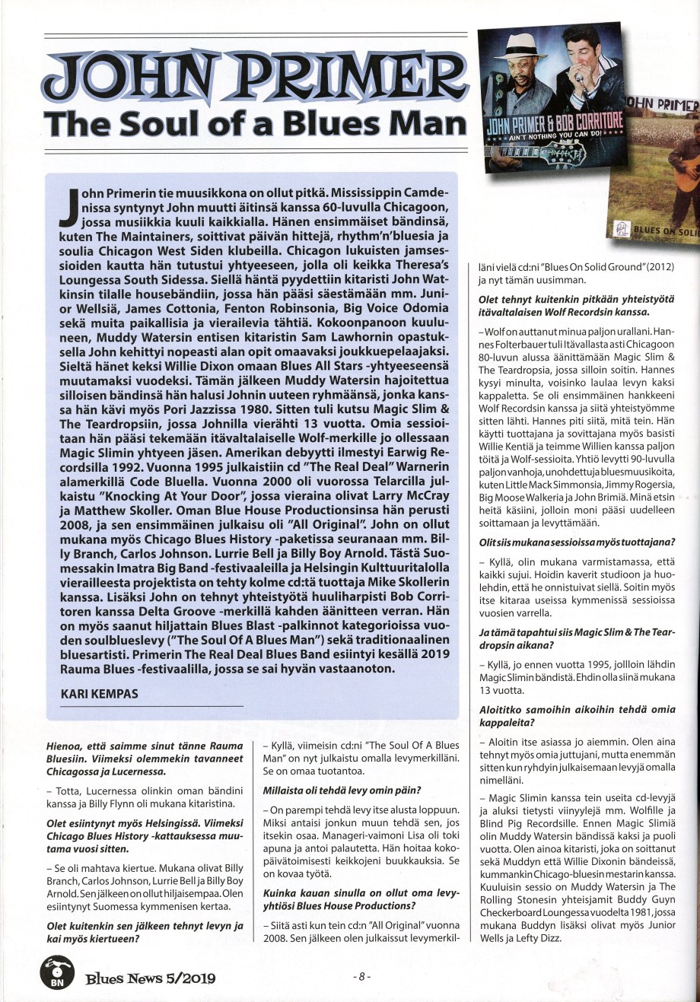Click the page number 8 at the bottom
[x=362, y=976]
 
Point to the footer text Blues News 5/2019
[x=150, y=978]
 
